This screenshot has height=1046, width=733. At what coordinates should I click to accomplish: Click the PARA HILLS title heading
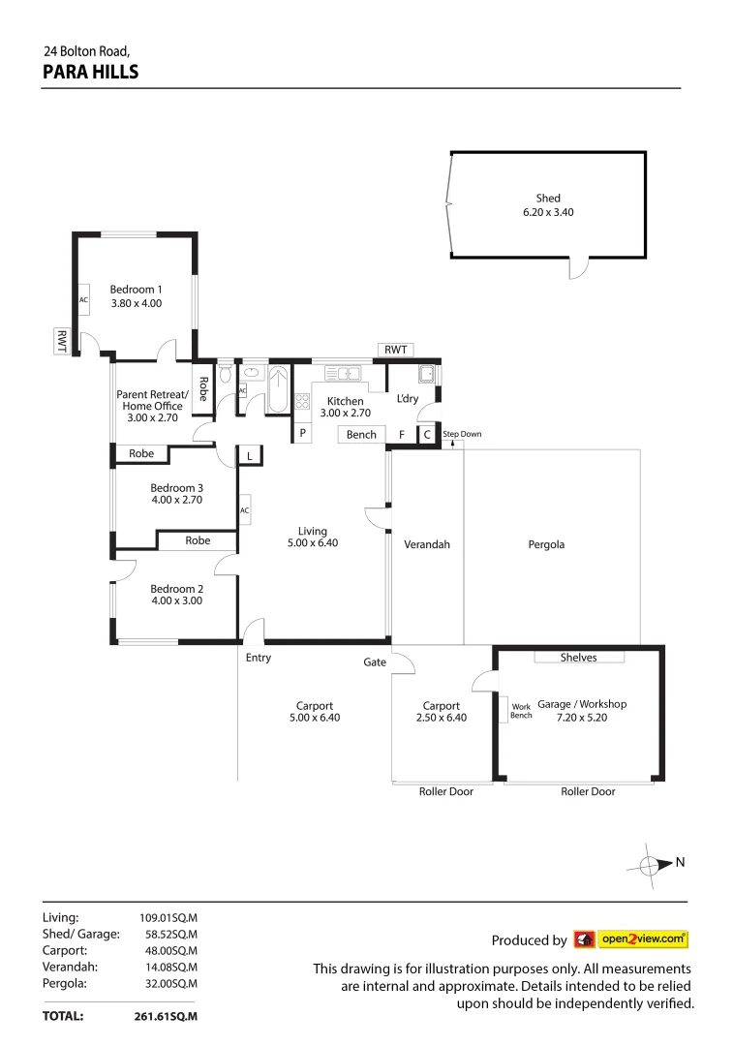(91, 72)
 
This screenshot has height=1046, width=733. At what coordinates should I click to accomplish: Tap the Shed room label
(548, 198)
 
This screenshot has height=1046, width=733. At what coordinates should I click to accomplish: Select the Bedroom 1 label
(136, 289)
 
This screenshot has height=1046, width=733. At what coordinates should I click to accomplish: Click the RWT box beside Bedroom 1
(62, 340)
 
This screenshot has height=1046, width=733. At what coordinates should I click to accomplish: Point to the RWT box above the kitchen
(396, 350)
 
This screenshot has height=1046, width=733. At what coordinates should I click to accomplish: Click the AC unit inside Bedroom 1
(83, 299)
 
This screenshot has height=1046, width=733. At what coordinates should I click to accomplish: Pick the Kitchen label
(345, 401)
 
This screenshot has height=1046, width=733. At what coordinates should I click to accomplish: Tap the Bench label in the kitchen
(361, 435)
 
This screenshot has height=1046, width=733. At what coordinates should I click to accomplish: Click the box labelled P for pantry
(302, 434)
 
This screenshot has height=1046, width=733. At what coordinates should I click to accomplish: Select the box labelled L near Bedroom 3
(249, 455)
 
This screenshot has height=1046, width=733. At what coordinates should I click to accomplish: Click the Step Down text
(462, 434)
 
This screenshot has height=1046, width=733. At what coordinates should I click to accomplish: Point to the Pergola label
(546, 544)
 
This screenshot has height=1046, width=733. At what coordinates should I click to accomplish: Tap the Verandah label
(427, 544)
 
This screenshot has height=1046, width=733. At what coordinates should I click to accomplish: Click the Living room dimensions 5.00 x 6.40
(313, 543)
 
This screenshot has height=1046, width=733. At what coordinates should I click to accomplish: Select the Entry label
(259, 658)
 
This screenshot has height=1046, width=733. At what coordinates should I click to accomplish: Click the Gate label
(375, 662)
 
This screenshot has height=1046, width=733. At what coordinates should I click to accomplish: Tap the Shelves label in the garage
(578, 658)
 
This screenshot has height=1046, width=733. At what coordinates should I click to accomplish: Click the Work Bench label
(521, 710)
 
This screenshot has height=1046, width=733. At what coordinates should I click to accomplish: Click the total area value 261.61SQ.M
(166, 1017)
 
